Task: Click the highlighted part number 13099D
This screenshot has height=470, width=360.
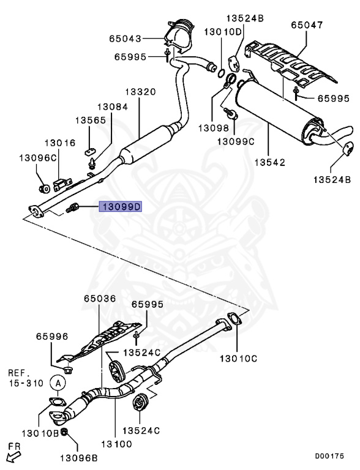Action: click(x=121, y=207)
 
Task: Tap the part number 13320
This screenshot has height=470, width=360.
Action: click(x=141, y=92)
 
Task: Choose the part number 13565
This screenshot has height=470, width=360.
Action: click(x=91, y=120)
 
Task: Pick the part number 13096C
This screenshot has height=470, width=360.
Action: click(x=37, y=158)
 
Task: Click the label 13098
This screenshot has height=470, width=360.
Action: click(x=212, y=129)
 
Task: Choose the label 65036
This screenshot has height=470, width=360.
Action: click(x=99, y=299)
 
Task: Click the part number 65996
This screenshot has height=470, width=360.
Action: click(x=51, y=336)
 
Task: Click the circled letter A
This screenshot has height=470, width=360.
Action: click(x=58, y=383)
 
